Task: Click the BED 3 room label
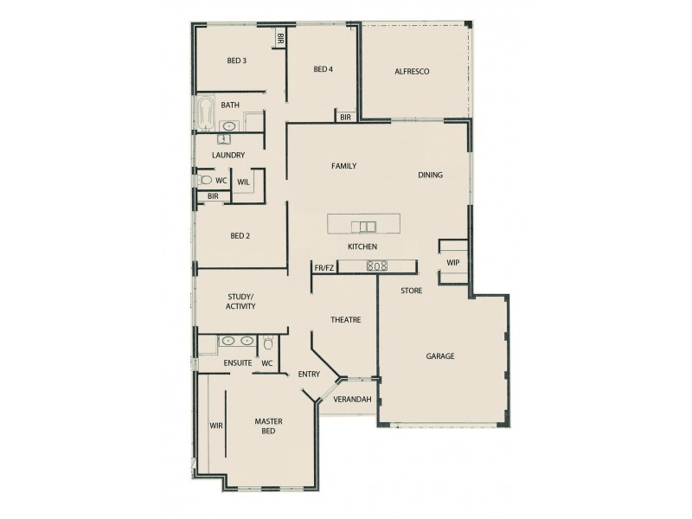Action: pyautogui.click(x=237, y=61)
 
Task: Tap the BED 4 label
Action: pyautogui.click(x=323, y=69)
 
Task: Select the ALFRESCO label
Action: pyautogui.click(x=412, y=71)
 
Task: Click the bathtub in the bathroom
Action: pyautogui.click(x=206, y=114)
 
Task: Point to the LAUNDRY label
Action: pyautogui.click(x=228, y=156)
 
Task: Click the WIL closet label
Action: pyautogui.click(x=243, y=182)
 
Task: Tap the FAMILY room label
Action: pyautogui.click(x=343, y=166)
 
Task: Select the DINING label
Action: pyautogui.click(x=430, y=175)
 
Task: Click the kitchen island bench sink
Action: pyautogui.click(x=364, y=227)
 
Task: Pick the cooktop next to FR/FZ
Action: pyautogui.click(x=377, y=266)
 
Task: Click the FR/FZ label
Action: pyautogui.click(x=324, y=268)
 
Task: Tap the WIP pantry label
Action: pyautogui.click(x=452, y=262)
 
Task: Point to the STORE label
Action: pyautogui.click(x=411, y=291)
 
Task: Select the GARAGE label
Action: pyautogui.click(x=439, y=356)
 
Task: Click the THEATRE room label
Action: pyautogui.click(x=345, y=320)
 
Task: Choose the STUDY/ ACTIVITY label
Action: pyautogui.click(x=240, y=301)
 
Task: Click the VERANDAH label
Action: pyautogui.click(x=353, y=400)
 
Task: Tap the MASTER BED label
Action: pyautogui.click(x=268, y=426)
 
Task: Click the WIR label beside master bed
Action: pyautogui.click(x=216, y=426)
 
